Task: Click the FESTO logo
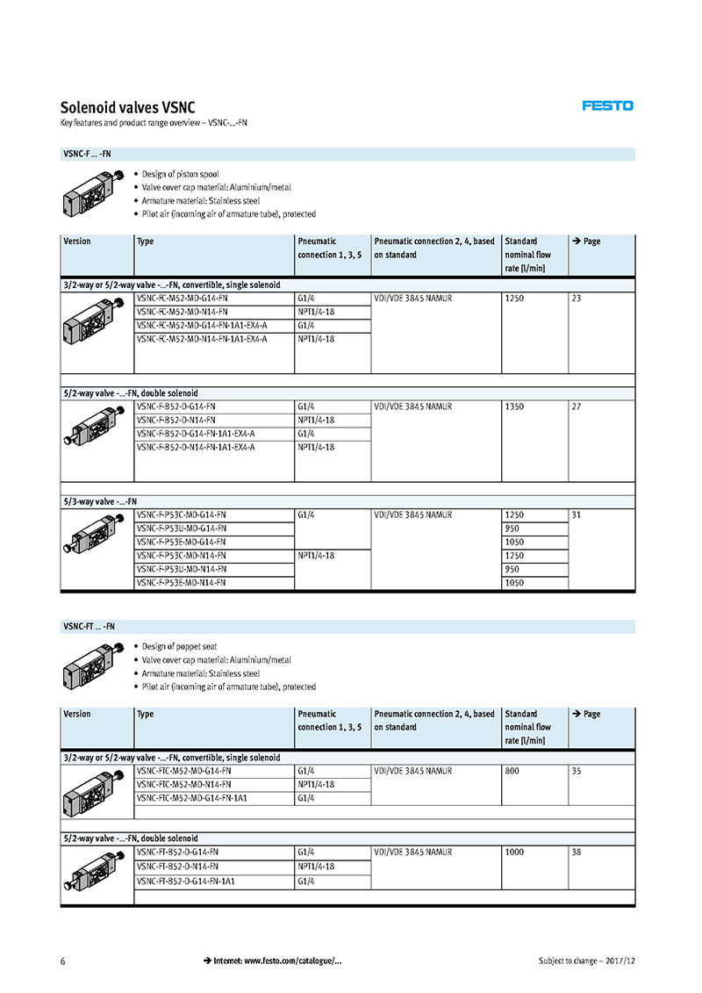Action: point(607,105)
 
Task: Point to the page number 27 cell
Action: point(577,407)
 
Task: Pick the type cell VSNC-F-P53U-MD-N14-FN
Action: point(181,569)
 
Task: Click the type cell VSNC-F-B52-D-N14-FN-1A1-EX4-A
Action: point(196,447)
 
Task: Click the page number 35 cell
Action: point(577,771)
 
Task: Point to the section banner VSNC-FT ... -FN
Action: point(89,626)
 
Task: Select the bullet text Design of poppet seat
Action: point(179,646)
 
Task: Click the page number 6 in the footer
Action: point(63,961)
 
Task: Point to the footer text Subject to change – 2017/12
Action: point(586,961)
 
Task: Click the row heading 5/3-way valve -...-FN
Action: point(99,501)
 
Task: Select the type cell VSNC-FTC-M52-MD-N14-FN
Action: point(183,784)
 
